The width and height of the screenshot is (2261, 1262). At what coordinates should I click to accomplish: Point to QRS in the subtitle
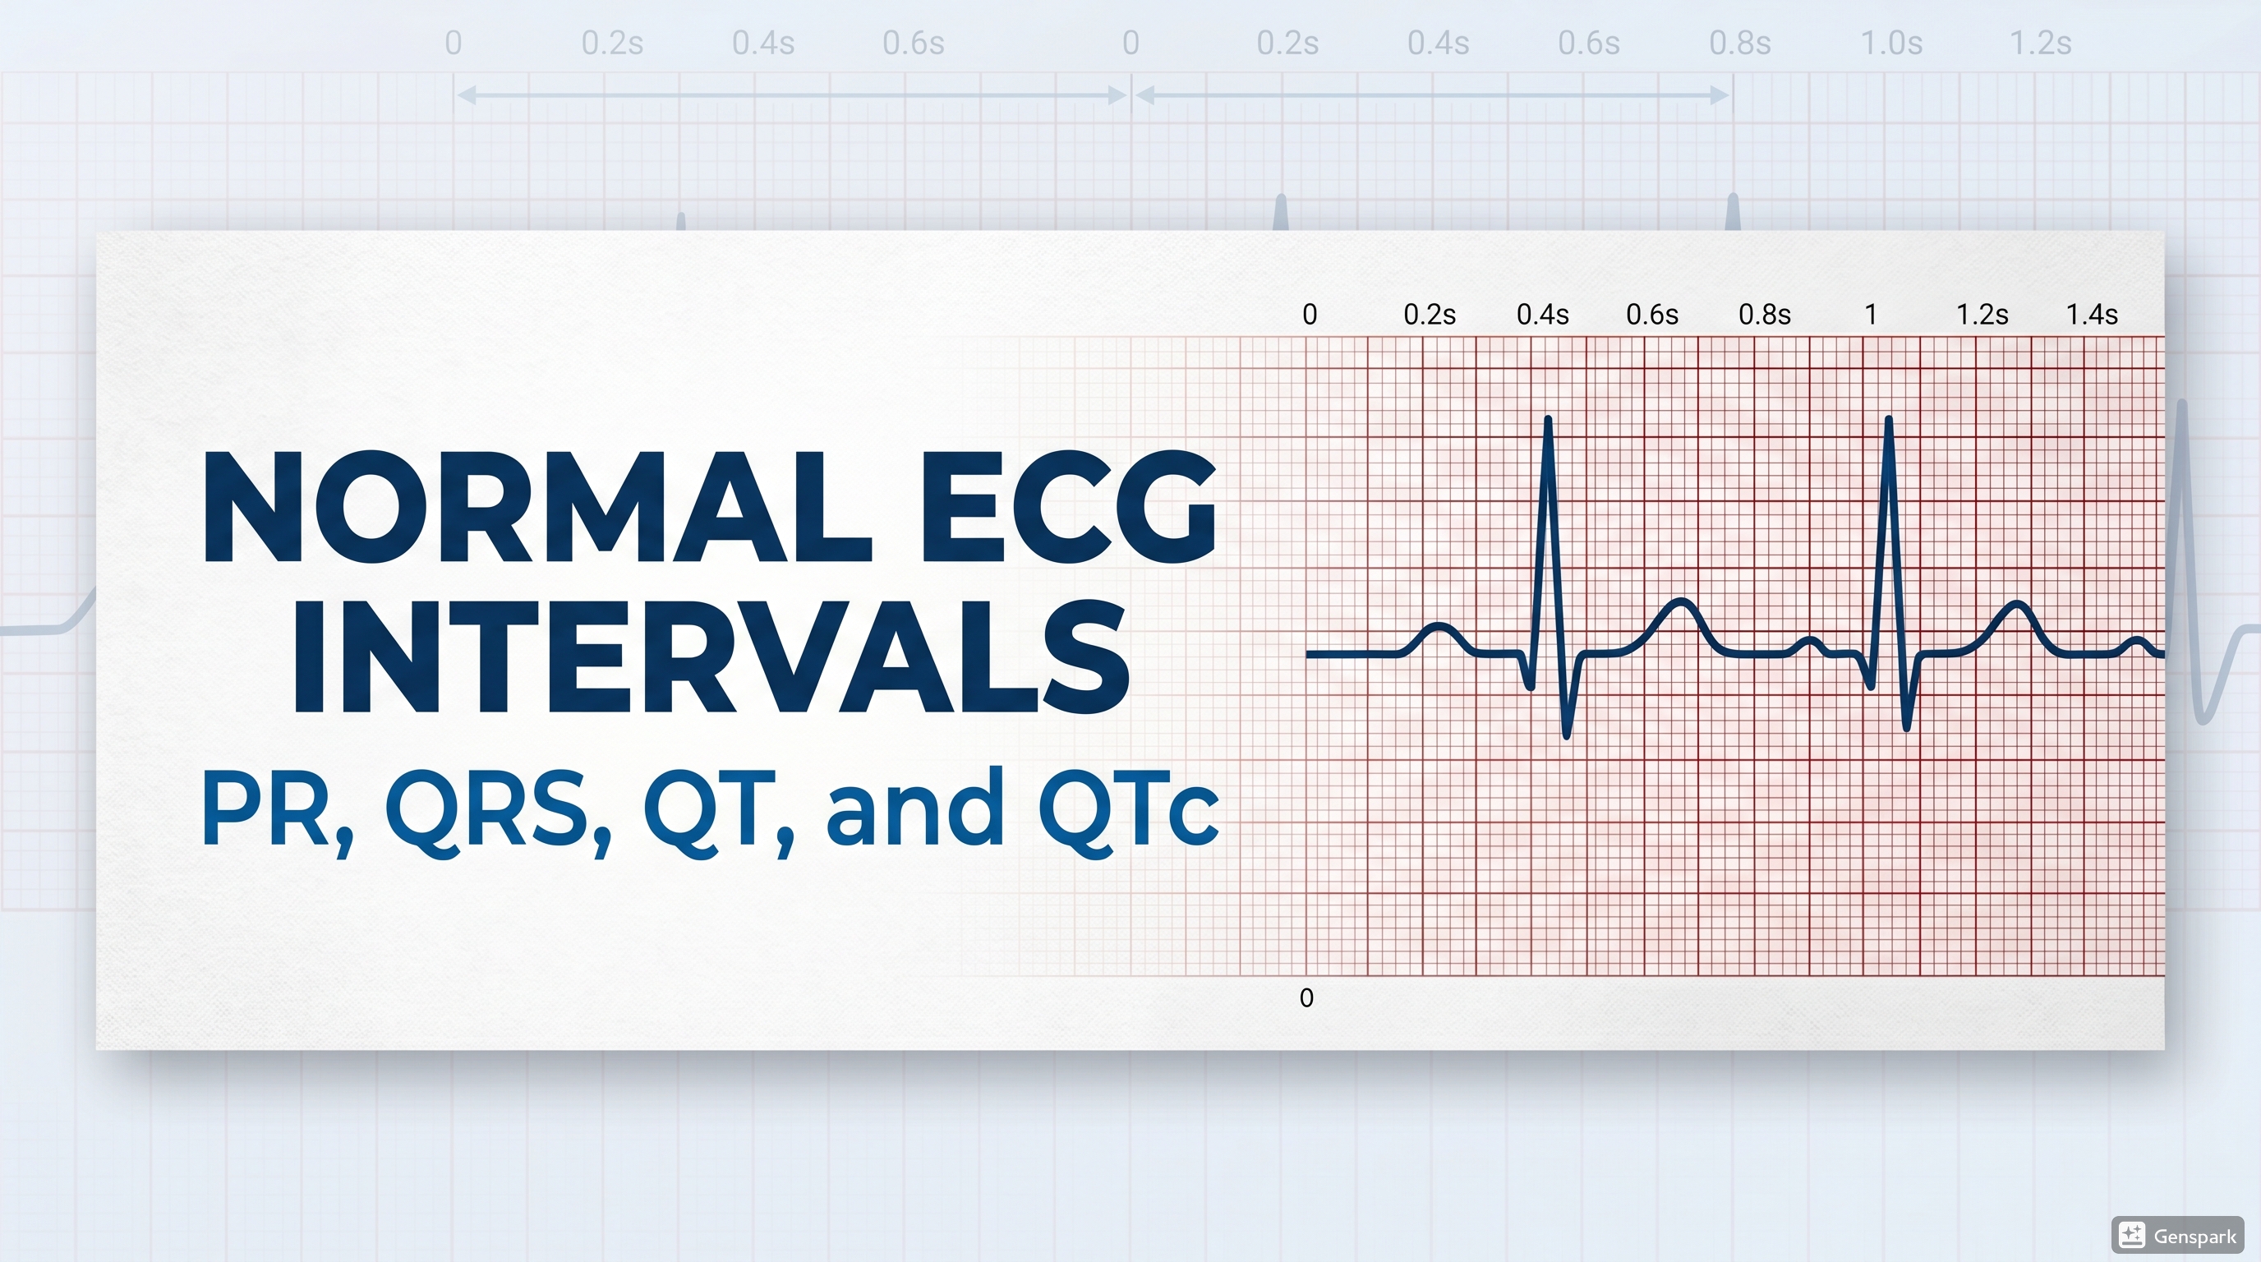[x=488, y=808]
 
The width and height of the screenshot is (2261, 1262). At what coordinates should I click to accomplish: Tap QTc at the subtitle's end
[x=1128, y=808]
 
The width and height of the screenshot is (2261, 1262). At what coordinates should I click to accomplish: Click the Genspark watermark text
[x=2194, y=1237]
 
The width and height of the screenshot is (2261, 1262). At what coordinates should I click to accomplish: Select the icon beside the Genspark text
[x=2132, y=1235]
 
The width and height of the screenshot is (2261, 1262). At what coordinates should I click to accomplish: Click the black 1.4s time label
[x=2092, y=314]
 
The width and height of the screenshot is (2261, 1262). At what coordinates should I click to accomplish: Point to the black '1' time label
[x=1871, y=314]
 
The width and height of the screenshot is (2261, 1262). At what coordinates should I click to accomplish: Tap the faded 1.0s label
[x=1891, y=43]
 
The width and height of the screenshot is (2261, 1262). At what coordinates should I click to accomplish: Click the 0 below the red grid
[x=1306, y=997]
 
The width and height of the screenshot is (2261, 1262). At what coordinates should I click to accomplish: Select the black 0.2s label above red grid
[x=1429, y=314]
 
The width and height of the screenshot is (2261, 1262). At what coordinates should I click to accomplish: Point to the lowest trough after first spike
[x=1568, y=735]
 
